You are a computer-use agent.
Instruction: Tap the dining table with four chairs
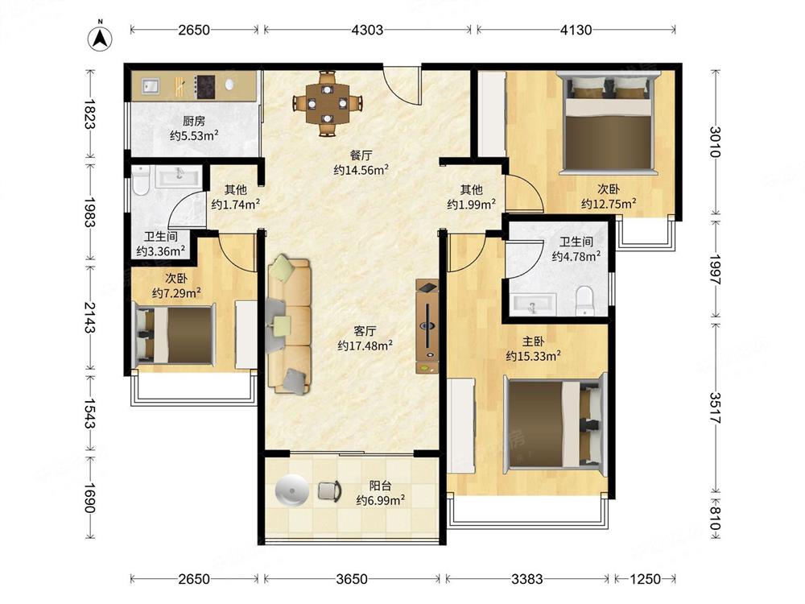(327, 103)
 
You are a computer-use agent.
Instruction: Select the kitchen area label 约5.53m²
(194, 135)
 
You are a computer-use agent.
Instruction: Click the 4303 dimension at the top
(367, 30)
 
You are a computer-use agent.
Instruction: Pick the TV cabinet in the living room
(427, 326)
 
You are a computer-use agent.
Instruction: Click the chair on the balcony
(329, 490)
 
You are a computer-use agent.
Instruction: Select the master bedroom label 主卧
(533, 341)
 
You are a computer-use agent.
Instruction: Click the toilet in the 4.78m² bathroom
(584, 300)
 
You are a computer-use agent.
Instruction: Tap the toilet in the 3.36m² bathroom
(140, 180)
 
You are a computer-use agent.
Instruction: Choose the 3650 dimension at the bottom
(352, 579)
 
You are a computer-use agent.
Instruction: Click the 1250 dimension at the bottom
(645, 579)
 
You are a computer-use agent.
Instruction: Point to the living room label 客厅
(365, 331)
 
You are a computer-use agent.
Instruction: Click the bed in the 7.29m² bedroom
(175, 335)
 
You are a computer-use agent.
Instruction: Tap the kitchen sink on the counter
(151, 86)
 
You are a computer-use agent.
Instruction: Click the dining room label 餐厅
(361, 155)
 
